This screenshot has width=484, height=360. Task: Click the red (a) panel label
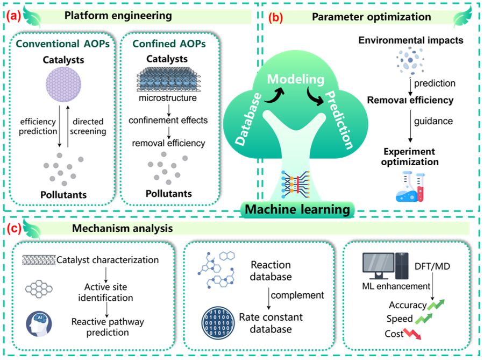click(x=13, y=16)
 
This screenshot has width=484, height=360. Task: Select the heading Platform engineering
click(x=118, y=16)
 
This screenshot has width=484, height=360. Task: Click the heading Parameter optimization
click(x=372, y=17)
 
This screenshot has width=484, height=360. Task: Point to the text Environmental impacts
click(x=411, y=40)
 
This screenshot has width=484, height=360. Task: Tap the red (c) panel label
click(x=13, y=228)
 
